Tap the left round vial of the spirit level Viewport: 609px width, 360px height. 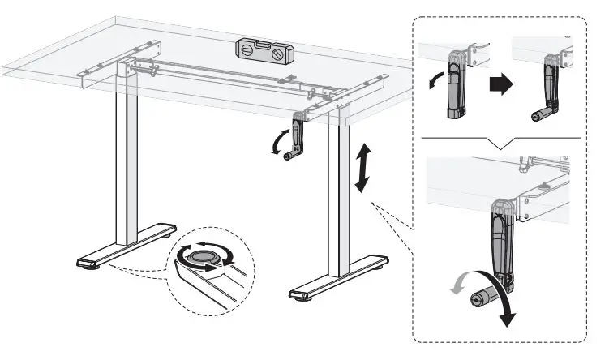tap(247, 49)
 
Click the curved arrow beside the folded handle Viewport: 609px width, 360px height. tap(436, 81)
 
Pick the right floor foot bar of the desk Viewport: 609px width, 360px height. tap(339, 278)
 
